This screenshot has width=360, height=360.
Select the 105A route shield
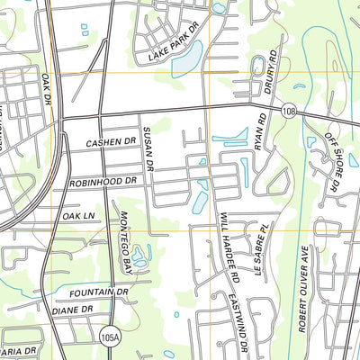coord(108,335)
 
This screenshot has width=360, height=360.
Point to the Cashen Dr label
coord(110,143)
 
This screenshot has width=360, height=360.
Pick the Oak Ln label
coord(78,216)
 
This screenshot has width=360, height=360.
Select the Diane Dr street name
coord(74,310)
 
